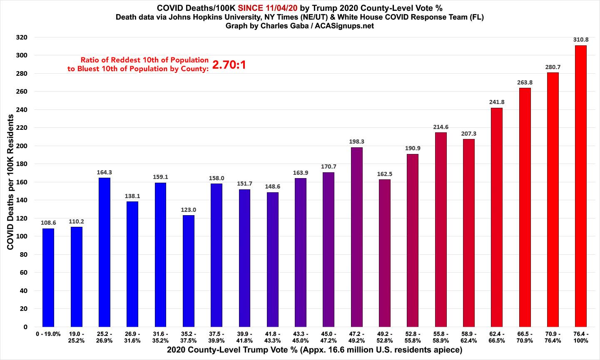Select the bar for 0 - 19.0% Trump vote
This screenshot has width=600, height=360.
[48, 278]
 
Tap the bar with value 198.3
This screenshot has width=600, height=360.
[357, 237]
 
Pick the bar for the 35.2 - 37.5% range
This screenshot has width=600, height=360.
[188, 271]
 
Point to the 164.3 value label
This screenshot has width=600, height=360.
[104, 172]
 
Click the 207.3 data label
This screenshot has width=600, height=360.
[468, 134]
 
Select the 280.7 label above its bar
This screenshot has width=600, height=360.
[553, 67]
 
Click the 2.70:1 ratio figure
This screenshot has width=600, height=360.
[229, 65]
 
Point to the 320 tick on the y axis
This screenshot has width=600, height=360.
[22, 37]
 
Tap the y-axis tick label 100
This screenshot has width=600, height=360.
[22, 236]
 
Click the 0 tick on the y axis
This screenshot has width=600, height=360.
[25, 327]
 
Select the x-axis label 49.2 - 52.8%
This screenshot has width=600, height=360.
[385, 337]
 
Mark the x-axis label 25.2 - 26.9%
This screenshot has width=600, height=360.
[104, 337]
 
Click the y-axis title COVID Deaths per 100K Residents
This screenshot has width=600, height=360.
[10, 182]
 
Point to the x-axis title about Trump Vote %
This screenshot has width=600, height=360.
[314, 350]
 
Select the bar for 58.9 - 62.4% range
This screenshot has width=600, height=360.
[468, 233]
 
